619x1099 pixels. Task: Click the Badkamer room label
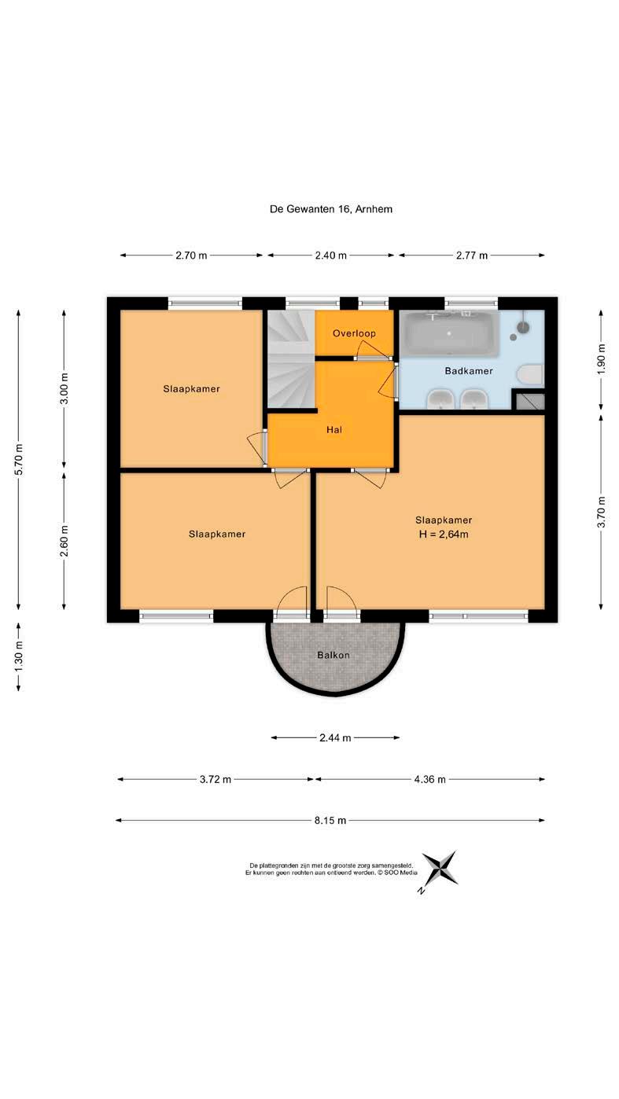coord(468,371)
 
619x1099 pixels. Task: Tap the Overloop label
coord(354,333)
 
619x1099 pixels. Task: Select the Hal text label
coord(334,430)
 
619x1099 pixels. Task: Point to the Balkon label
coord(333,655)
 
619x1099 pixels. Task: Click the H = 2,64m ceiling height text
coord(444,535)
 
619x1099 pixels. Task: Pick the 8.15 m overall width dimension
coord(330,820)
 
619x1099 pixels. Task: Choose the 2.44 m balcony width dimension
coord(335,737)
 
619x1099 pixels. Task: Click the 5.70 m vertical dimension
coord(19,459)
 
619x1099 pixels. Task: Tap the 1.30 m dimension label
coord(19,657)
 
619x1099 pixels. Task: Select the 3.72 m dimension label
coord(216,779)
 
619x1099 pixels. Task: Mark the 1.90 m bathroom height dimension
coord(602,359)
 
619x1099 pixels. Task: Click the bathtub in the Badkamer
coord(450,333)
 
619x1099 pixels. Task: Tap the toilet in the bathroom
coord(530,375)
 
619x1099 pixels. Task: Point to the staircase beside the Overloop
coord(290,358)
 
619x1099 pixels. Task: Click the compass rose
coord(440,868)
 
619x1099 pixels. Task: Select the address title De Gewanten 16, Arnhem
coord(331,209)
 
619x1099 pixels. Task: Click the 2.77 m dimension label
coord(472,255)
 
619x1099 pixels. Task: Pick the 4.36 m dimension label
coord(430,779)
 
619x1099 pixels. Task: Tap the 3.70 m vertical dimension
coord(602,512)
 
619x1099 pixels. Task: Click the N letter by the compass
coord(421,891)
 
